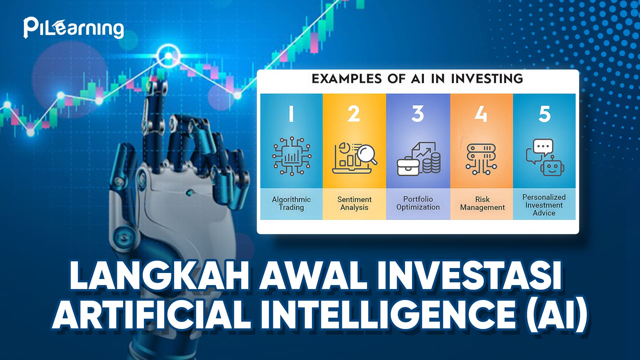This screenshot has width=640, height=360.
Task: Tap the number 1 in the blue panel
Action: [291, 114]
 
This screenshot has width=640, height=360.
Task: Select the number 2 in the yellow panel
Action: [354, 114]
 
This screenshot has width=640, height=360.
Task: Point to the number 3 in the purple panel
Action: [418, 114]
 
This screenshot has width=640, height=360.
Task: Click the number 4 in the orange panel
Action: [481, 114]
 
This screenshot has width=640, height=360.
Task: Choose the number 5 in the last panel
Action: [545, 114]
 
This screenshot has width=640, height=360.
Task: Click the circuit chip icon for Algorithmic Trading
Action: [292, 156]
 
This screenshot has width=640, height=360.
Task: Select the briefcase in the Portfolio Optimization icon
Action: [408, 167]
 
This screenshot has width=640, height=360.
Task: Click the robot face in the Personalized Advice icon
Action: [552, 166]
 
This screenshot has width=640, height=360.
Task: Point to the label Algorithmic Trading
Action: [291, 203]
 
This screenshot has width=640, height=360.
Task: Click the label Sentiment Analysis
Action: [354, 203]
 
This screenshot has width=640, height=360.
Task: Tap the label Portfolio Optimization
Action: [418, 203]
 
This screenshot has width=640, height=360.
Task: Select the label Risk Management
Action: [482, 203]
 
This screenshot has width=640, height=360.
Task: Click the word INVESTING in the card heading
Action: [487, 79]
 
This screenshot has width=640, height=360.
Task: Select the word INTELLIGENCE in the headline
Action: [388, 314]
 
